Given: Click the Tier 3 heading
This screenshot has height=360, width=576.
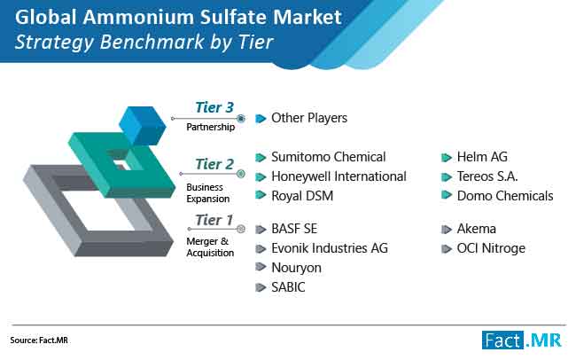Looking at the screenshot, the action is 214,107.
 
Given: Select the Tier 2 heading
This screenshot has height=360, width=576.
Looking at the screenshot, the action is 214,164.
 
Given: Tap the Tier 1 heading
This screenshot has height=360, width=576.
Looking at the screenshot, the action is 214,220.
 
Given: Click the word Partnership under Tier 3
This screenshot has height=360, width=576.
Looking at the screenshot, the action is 211,127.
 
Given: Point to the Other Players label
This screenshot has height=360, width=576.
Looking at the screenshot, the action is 309,118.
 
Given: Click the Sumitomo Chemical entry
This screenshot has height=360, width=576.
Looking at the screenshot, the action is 329,157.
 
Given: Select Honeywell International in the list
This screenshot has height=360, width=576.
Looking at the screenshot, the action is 339,176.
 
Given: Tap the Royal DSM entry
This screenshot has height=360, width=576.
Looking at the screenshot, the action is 302,196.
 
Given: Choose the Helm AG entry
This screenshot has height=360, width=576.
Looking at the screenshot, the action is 482,157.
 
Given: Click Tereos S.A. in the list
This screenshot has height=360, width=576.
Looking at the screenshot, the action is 487,176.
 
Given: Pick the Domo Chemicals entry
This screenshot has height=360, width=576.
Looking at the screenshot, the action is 505,196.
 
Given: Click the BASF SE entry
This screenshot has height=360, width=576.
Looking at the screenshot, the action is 294,229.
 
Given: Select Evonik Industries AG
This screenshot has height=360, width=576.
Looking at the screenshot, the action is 330,248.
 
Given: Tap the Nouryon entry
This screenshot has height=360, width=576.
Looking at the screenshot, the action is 296,268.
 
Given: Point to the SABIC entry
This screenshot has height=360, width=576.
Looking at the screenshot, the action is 288,287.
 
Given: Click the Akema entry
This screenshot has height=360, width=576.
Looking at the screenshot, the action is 477,229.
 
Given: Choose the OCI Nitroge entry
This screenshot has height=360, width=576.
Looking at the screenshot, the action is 491,248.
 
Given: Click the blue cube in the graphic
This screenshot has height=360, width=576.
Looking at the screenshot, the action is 143,125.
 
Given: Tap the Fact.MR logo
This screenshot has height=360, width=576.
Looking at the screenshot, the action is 522,340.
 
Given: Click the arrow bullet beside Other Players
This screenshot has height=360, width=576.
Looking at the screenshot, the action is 261,119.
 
